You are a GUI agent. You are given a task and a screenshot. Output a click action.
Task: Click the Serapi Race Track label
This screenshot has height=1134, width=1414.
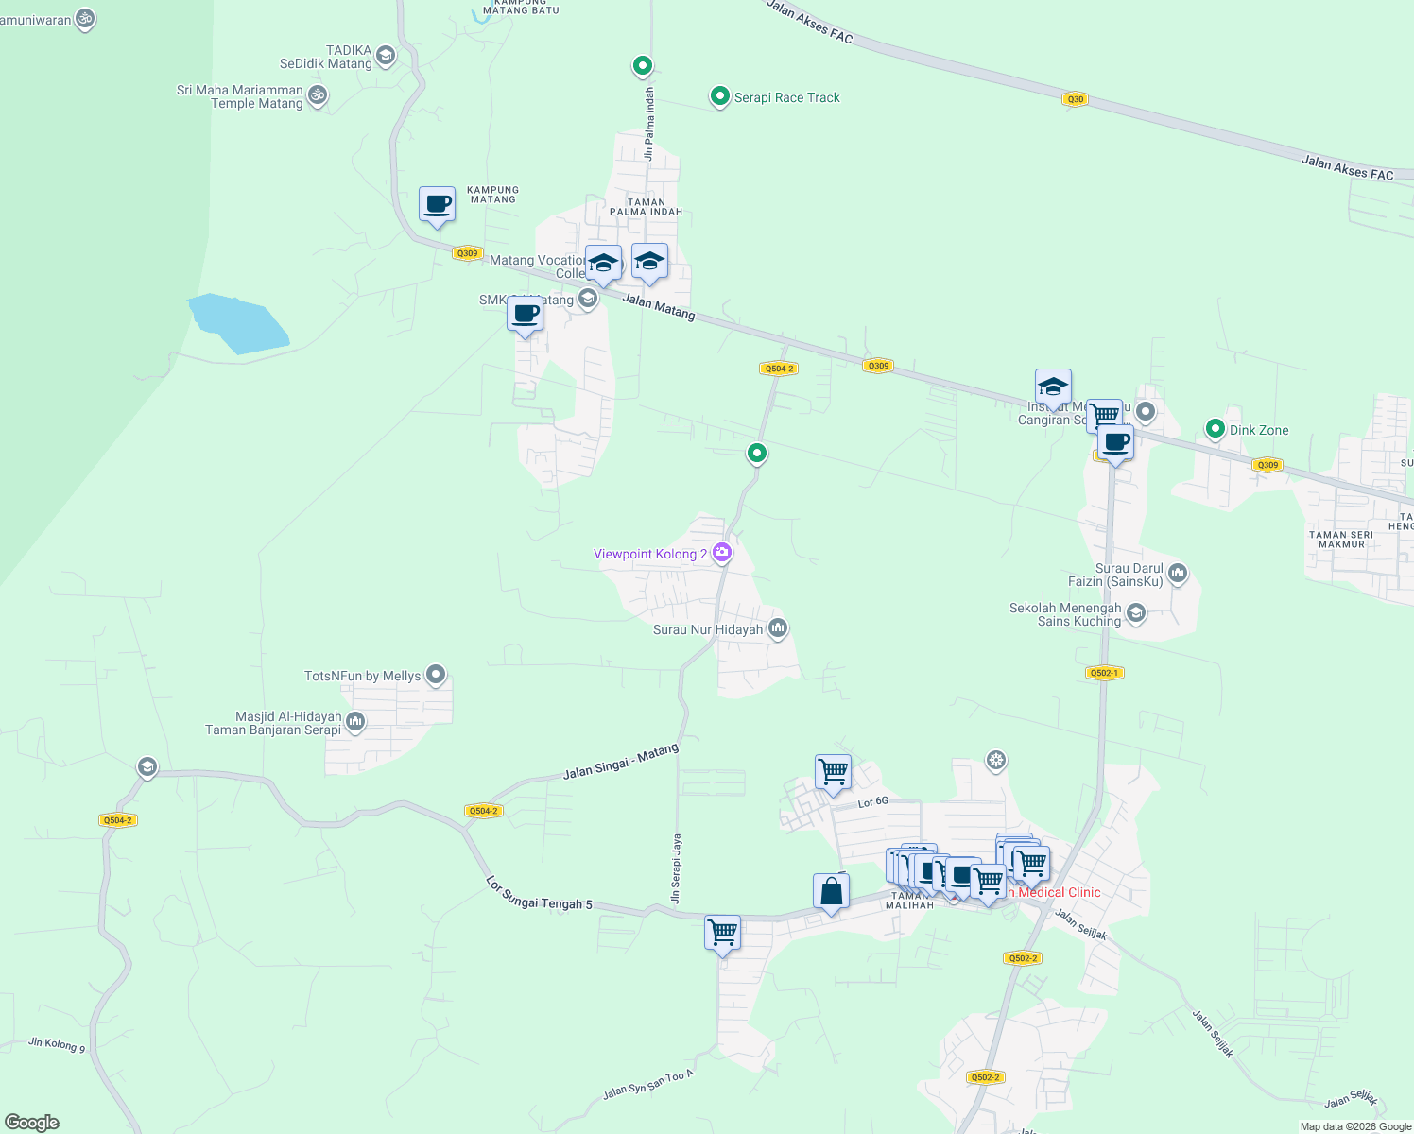tap(786, 97)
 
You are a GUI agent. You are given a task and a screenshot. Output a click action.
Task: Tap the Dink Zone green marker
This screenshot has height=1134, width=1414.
tap(1215, 429)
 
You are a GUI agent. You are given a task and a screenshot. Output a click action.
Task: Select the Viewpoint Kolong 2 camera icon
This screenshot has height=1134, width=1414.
tap(722, 553)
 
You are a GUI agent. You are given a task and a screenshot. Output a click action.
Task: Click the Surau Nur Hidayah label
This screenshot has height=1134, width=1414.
tap(708, 629)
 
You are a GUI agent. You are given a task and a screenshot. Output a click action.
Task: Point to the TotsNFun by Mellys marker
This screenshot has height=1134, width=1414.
tap(436, 675)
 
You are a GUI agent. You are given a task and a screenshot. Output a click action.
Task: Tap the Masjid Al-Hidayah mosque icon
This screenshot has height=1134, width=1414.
tap(355, 722)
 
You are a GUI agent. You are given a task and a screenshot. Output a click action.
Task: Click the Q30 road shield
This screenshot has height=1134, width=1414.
tap(1075, 99)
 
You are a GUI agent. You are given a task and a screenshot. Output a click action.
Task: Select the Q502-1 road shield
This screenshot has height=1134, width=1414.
tap(1103, 673)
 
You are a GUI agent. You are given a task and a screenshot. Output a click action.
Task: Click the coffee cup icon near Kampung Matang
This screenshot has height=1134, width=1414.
tap(437, 203)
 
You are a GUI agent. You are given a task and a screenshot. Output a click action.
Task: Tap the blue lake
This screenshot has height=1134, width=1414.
tap(238, 324)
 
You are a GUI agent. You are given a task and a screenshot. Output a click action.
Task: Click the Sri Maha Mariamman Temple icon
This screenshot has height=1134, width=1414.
tap(318, 94)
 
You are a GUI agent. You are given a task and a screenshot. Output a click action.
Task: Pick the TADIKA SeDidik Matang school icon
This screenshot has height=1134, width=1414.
tap(385, 56)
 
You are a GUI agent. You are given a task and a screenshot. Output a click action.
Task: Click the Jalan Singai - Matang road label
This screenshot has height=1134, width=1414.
tap(621, 762)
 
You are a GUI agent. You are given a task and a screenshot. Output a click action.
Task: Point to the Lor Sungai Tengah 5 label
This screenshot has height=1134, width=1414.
tap(539, 893)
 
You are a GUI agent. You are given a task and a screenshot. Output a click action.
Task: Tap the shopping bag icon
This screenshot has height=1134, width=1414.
tap(831, 890)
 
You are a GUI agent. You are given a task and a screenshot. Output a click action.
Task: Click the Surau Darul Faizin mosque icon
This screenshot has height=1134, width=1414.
tap(1177, 572)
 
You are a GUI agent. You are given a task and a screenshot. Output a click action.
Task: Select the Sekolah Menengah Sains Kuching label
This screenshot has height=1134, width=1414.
tap(1066, 614)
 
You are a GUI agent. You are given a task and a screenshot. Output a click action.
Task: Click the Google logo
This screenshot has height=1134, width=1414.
tap(32, 1122)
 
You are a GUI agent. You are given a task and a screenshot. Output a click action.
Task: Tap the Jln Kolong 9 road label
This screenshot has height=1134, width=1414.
tap(57, 1044)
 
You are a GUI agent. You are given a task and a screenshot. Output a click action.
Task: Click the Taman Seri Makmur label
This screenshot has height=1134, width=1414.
tap(1340, 539)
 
